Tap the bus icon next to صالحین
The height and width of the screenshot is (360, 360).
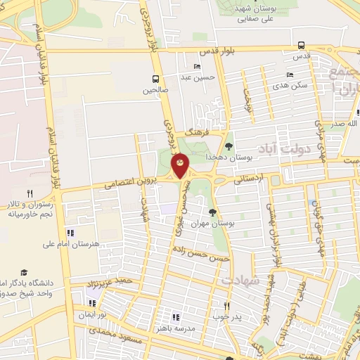pyautogui.click(x=155, y=79)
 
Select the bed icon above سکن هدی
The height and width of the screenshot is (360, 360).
pyautogui.click(x=289, y=75)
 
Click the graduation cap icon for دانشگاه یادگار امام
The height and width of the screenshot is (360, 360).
pyautogui.click(x=24, y=271)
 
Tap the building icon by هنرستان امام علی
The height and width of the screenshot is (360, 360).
pyautogui.click(x=69, y=233)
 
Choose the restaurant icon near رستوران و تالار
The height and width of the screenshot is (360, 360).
pyautogui.click(x=30, y=193)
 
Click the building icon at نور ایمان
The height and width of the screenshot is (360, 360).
pyautogui.click(x=91, y=304)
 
